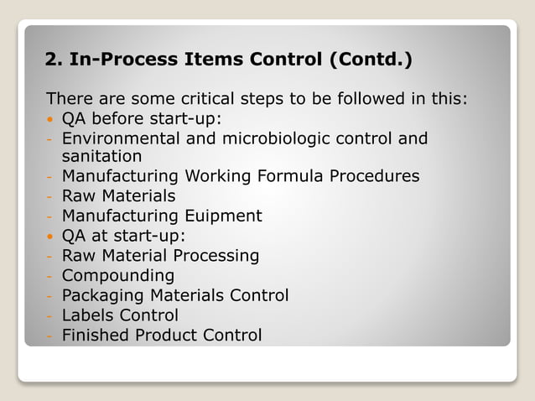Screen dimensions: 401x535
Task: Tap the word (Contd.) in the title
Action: (x=370, y=60)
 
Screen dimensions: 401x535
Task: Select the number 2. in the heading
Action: (x=55, y=60)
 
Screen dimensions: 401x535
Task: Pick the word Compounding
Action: (x=118, y=276)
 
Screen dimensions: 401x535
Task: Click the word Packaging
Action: (x=103, y=295)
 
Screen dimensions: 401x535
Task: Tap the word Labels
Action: (x=87, y=315)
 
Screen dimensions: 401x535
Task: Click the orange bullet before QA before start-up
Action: (x=52, y=118)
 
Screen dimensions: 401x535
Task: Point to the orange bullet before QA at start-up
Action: (x=52, y=236)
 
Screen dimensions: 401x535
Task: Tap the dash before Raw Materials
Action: (x=50, y=196)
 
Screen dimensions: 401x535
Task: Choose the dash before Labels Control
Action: (x=50, y=316)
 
